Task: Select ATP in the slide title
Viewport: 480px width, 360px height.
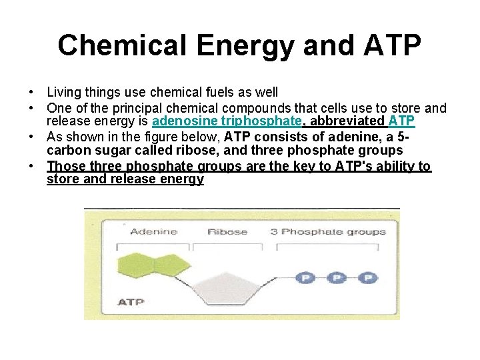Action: [391, 45]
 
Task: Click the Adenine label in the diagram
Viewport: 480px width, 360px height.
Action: [153, 232]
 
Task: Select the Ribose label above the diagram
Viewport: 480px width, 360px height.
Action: [227, 232]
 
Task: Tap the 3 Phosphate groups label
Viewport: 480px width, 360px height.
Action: [328, 232]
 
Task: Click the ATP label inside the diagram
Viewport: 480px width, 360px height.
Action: [131, 301]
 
